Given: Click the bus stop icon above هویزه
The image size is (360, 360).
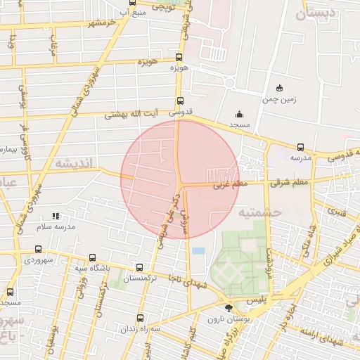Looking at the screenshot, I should coord(179,58).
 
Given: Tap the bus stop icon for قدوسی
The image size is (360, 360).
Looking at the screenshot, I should coord(181,101).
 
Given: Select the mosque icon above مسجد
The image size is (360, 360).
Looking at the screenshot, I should coord(239,114).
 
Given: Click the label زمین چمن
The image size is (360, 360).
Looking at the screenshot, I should coord(281,99).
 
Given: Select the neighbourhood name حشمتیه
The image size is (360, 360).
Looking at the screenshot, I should coord(259,212).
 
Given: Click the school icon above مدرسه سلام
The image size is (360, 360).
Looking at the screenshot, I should coord(56,217).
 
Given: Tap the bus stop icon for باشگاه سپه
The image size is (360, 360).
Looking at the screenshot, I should coord(93,257).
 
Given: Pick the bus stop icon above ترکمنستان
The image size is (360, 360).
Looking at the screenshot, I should coord(139,267).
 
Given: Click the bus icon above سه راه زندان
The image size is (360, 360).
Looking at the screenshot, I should coord(140,318).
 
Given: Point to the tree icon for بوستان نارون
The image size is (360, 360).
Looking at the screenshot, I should coord(228,308).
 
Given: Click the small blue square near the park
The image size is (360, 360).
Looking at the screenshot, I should coord(198,250).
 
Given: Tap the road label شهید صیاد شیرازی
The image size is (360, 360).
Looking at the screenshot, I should coord(327,259).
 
